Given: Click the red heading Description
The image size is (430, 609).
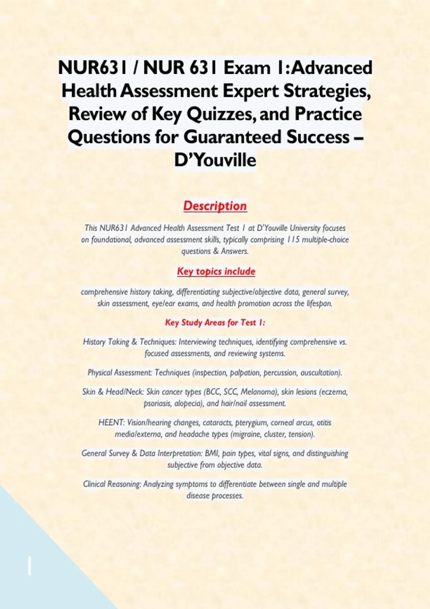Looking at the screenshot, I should (215, 206).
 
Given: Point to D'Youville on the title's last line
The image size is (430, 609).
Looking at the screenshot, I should (215, 160).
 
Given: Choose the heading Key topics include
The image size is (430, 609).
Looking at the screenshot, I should (216, 272).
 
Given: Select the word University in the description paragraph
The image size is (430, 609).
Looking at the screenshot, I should (305, 228).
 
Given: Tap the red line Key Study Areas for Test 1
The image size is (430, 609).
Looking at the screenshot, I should (215, 322).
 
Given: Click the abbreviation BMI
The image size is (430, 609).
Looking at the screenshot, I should (211, 453).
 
